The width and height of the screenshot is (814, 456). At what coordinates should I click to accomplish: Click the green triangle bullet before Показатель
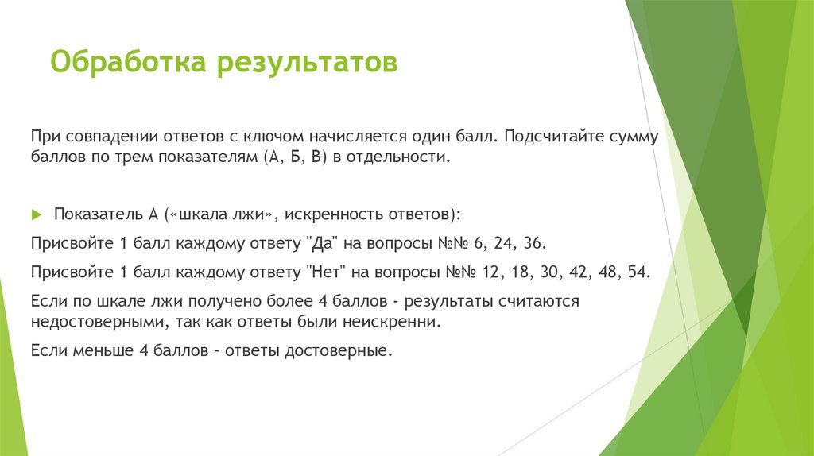point(36,215)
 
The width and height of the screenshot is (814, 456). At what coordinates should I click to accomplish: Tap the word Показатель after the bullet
point(99,215)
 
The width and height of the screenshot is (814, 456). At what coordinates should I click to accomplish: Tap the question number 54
point(639,272)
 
